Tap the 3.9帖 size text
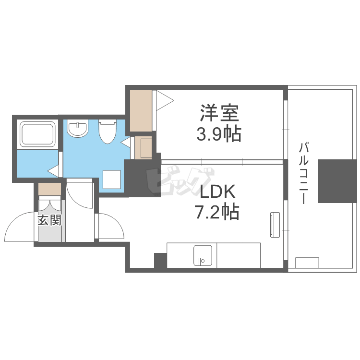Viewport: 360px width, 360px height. pyautogui.click(x=218, y=134)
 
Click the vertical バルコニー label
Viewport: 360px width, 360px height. pyautogui.click(x=303, y=173)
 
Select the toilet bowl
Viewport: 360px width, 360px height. pyautogui.click(x=108, y=132)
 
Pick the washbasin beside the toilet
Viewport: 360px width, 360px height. pyautogui.click(x=77, y=129)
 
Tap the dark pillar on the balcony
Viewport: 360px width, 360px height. pyautogui.click(x=337, y=181)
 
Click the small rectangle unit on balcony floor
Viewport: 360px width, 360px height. pyautogui.click(x=307, y=263)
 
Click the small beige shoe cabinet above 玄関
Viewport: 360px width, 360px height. pyautogui.click(x=50, y=189)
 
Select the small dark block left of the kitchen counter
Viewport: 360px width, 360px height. pyautogui.click(x=160, y=261)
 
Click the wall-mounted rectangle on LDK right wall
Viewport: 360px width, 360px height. pyautogui.click(x=274, y=224)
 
